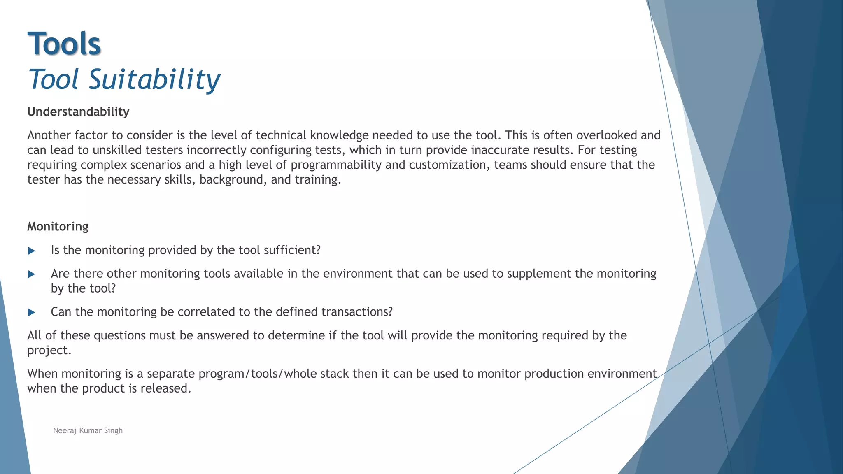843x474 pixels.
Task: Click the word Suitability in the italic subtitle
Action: [x=154, y=79]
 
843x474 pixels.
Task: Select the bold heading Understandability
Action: [x=78, y=112]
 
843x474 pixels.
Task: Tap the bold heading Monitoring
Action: [x=58, y=226]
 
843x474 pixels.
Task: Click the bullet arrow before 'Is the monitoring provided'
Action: [x=31, y=251]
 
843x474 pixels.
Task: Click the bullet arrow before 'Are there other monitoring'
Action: [x=31, y=274]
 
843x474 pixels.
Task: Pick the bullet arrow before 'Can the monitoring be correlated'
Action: [x=31, y=312]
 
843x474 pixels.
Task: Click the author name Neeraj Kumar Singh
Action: [x=88, y=430]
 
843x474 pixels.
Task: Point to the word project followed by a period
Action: [x=49, y=351]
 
